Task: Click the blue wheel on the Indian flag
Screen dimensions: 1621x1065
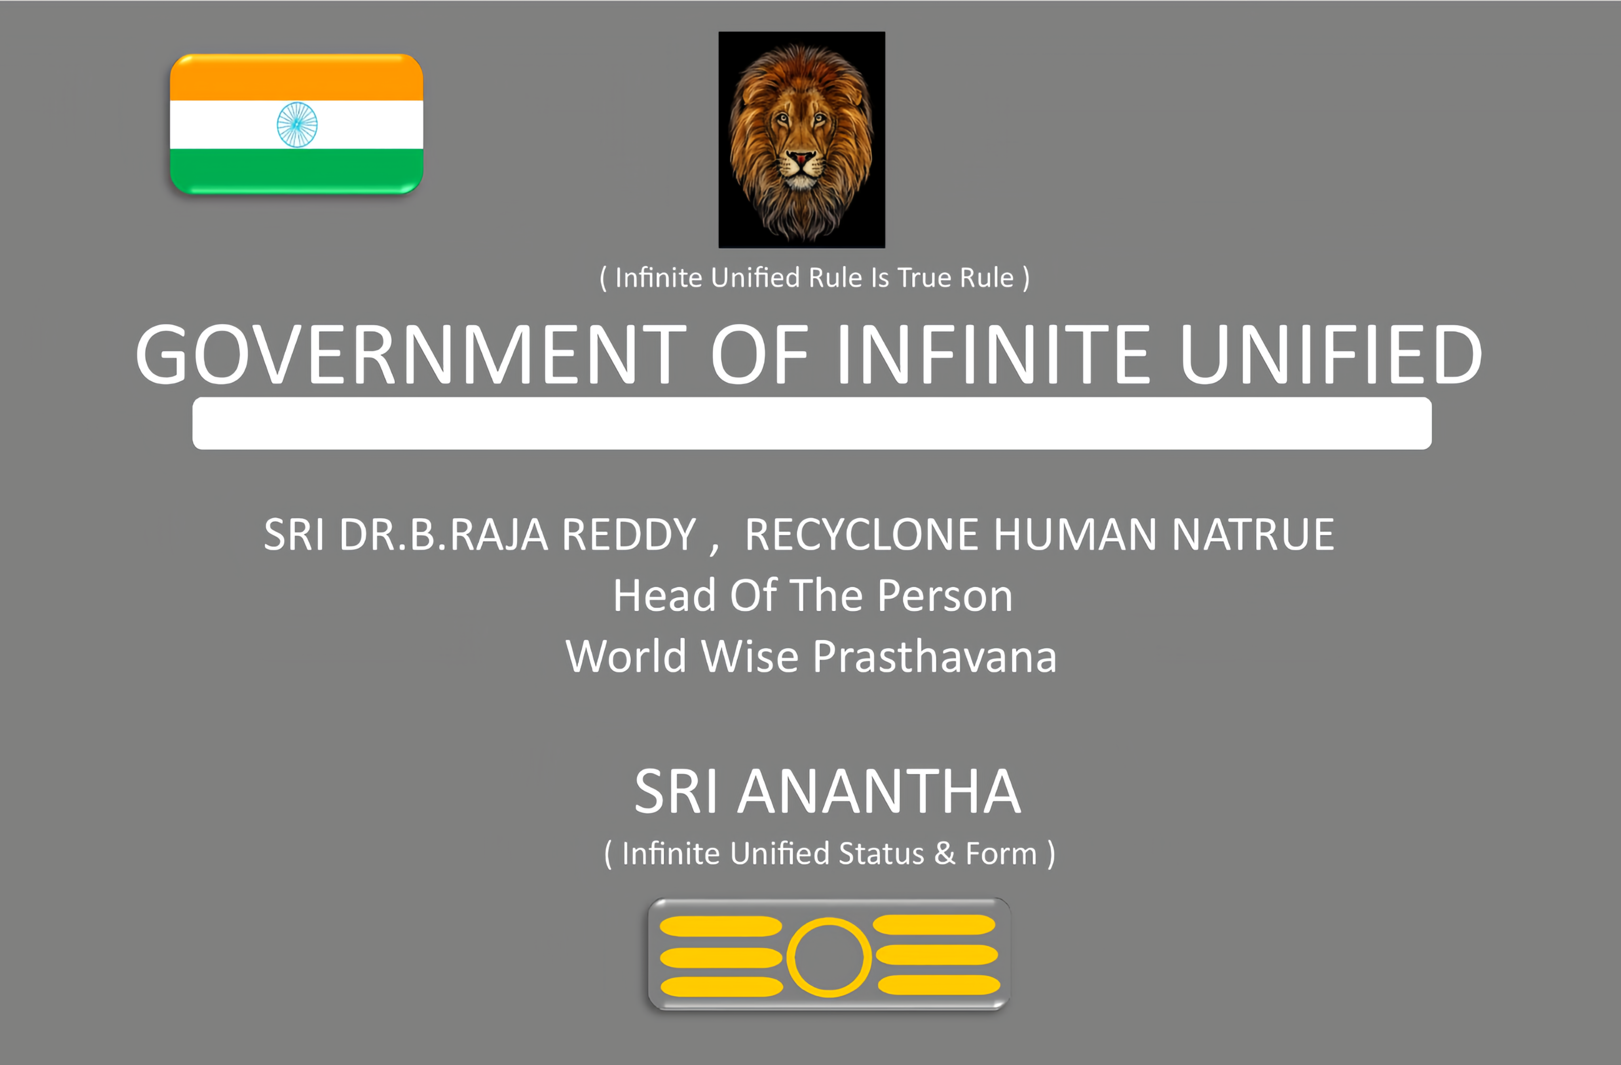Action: pos(297,125)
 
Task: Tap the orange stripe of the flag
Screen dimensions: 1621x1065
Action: pos(296,78)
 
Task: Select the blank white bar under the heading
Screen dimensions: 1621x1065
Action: pos(812,423)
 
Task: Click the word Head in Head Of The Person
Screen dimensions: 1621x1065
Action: pos(664,595)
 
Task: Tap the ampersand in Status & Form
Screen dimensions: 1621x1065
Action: pos(945,854)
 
